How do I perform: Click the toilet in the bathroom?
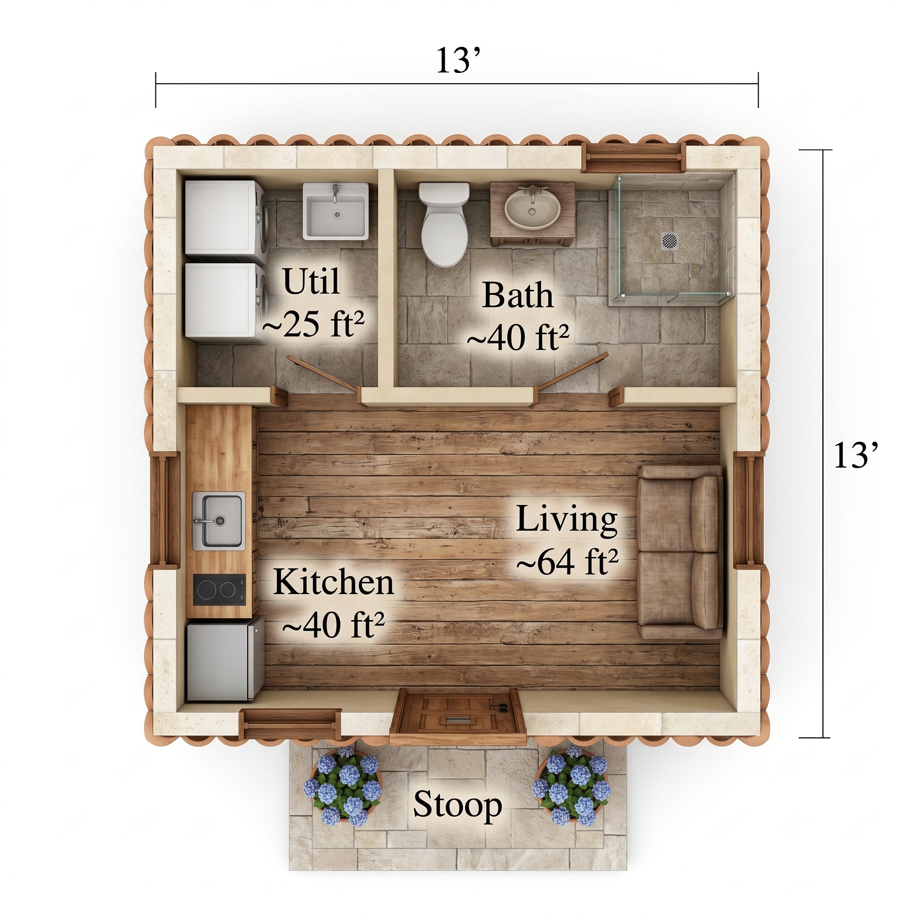[444, 225]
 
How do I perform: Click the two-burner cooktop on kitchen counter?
[219, 590]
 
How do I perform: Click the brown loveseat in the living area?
[680, 552]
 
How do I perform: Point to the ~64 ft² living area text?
[567, 563]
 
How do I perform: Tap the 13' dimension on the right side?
[856, 456]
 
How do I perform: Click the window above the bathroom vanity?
[633, 160]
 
